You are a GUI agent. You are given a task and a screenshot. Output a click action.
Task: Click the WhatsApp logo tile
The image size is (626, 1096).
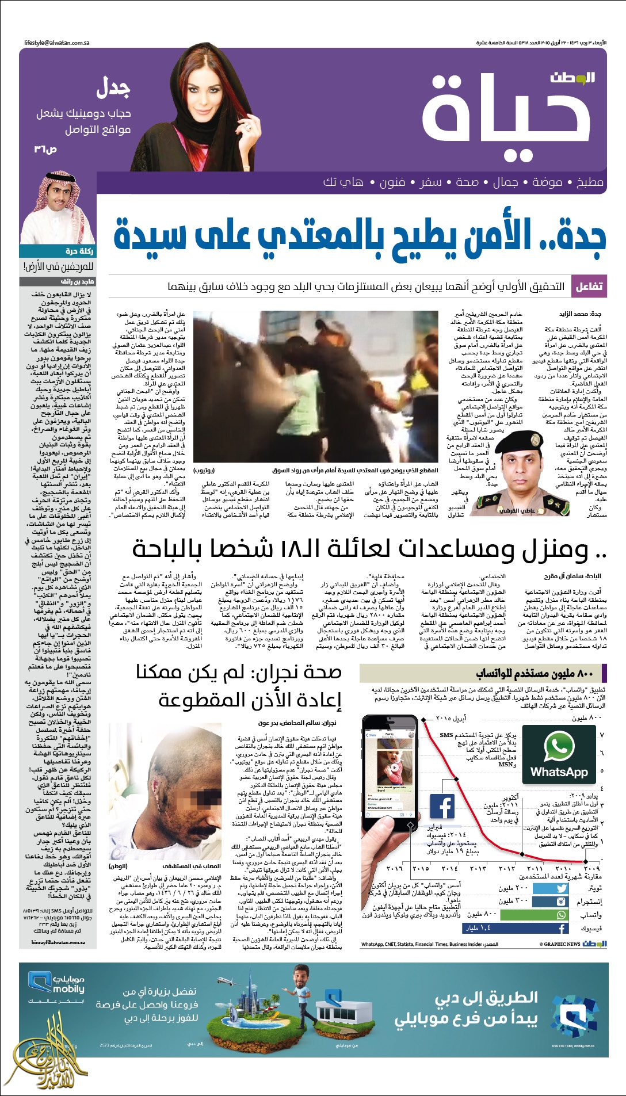(558, 754)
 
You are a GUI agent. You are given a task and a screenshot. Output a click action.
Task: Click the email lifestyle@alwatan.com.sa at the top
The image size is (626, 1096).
(57, 43)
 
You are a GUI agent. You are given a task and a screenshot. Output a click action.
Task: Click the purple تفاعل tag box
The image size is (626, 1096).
(589, 286)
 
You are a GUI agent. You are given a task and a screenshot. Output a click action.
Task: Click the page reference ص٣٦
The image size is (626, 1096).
(45, 150)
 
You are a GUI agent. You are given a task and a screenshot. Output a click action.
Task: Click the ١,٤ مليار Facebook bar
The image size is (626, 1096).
(515, 929)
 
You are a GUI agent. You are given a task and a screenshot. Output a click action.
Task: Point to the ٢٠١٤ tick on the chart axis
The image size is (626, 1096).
(449, 868)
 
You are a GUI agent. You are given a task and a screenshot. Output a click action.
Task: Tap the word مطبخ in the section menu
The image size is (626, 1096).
(590, 182)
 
